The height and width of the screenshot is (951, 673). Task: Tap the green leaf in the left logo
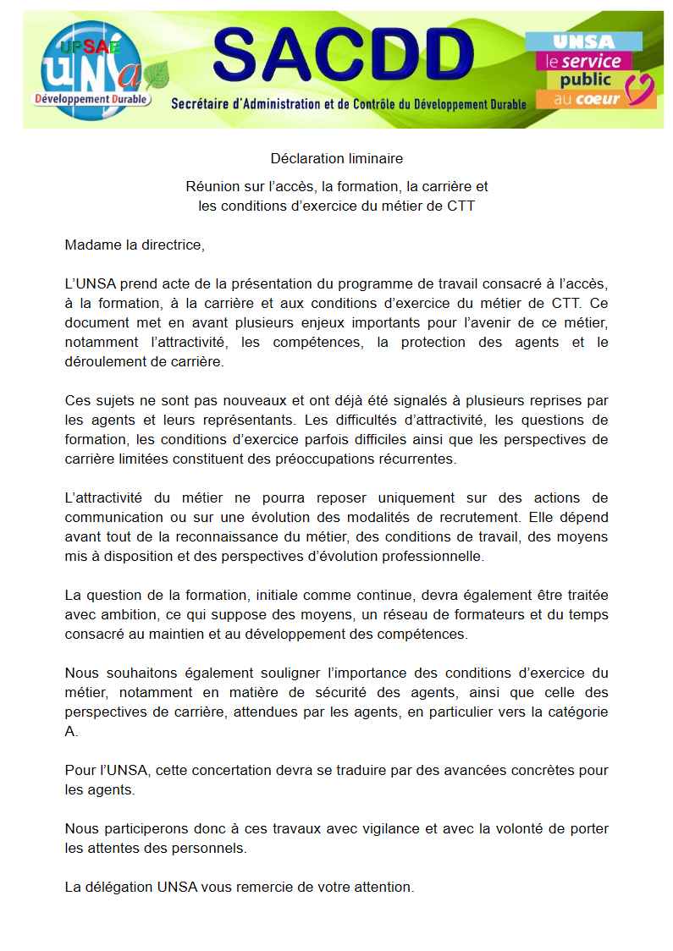(156, 75)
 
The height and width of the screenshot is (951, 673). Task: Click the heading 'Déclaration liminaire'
(336, 158)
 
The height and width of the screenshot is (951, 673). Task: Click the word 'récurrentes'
(412, 459)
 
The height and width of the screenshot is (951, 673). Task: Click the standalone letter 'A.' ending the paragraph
(71, 732)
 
